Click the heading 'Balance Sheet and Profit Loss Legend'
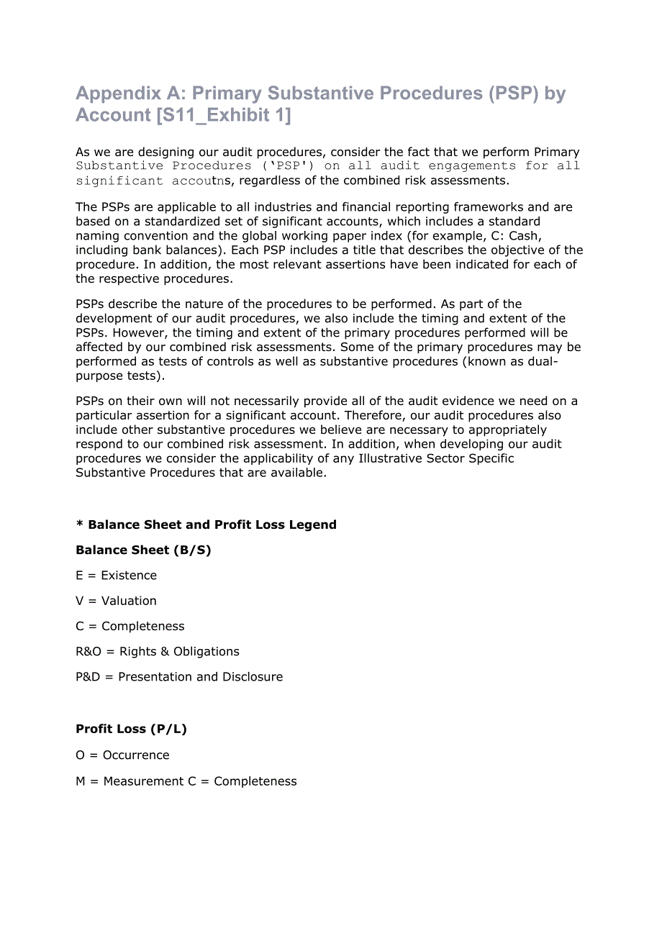(x=212, y=524)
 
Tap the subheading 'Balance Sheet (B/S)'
(x=143, y=550)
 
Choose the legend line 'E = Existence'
(x=116, y=576)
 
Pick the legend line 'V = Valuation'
(x=116, y=601)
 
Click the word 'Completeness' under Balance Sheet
(x=142, y=626)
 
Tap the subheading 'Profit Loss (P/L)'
(x=131, y=729)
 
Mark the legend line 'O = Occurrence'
(x=122, y=755)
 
